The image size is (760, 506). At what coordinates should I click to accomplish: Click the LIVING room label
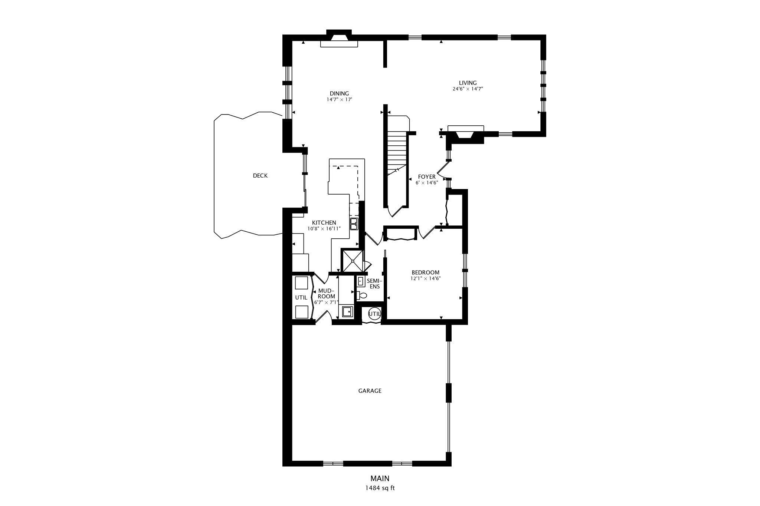click(468, 83)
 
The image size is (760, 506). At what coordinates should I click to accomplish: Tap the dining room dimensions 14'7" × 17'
click(339, 100)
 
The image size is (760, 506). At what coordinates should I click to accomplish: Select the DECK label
click(260, 176)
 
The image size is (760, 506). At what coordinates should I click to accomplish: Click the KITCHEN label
click(324, 223)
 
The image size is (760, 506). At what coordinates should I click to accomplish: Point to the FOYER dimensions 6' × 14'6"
click(427, 183)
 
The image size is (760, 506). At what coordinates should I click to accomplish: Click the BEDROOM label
click(425, 272)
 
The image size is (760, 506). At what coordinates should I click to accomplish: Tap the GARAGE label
click(370, 391)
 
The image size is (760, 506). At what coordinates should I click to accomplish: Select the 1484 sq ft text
click(380, 488)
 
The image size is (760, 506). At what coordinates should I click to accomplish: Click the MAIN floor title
click(380, 479)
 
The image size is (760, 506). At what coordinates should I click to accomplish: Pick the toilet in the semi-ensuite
click(362, 295)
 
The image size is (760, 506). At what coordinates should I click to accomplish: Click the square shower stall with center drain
click(352, 261)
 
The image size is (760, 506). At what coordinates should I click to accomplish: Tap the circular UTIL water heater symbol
click(374, 314)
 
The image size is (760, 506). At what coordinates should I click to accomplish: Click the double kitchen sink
click(354, 224)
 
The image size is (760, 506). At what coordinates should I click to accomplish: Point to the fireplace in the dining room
click(339, 39)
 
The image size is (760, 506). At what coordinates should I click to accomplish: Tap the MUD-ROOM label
click(327, 294)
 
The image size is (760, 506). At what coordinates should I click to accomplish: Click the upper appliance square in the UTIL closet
click(301, 283)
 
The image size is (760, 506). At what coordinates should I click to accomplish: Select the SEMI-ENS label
click(374, 284)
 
